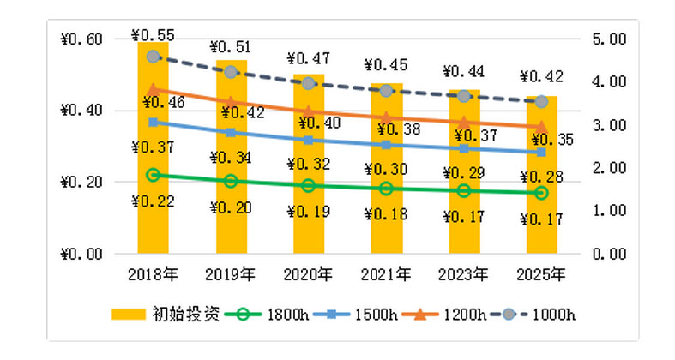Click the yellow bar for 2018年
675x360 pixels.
[x=153, y=214]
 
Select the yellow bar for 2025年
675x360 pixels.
[x=541, y=223]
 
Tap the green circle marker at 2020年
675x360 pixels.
[x=308, y=185]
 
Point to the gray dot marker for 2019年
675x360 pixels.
[x=231, y=71]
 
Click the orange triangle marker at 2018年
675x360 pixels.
[x=154, y=89]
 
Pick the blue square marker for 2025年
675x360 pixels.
[x=541, y=152]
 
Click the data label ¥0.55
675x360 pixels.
[x=153, y=35]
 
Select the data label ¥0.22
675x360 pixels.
[x=153, y=202]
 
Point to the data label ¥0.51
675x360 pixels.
[x=231, y=46]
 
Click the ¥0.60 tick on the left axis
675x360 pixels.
[x=81, y=39]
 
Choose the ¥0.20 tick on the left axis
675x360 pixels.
[x=81, y=182]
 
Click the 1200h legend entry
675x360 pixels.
[x=445, y=314]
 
